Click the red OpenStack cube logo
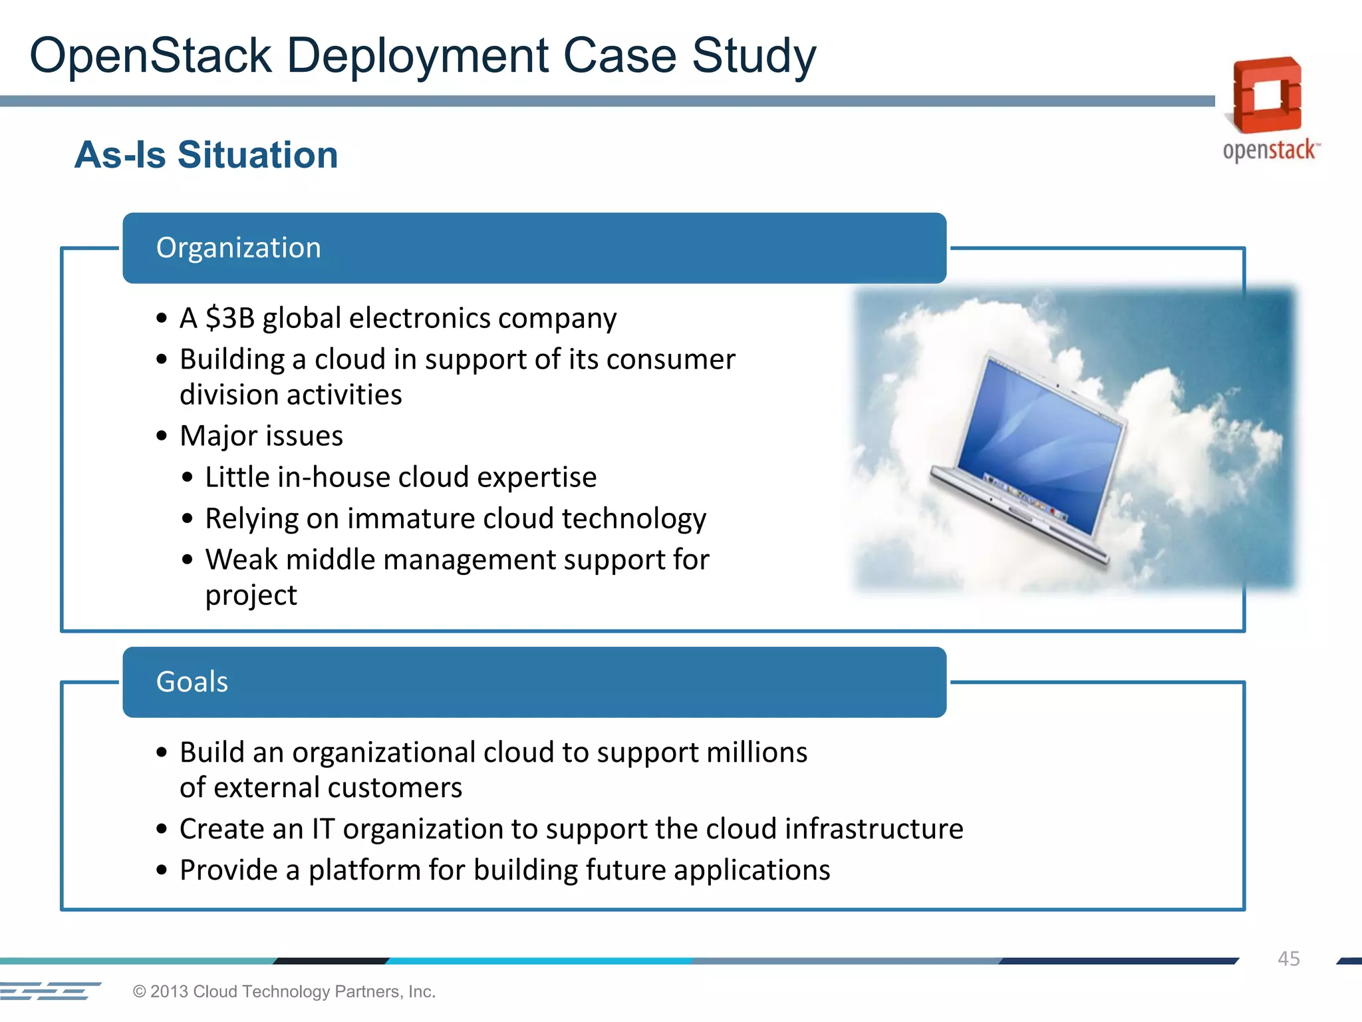pyautogui.click(x=1266, y=94)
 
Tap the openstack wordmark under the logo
pyautogui.click(x=1269, y=150)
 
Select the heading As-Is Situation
pyautogui.click(x=206, y=155)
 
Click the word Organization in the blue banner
pyautogui.click(x=238, y=248)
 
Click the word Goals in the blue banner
pyautogui.click(x=192, y=682)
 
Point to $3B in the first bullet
pyautogui.click(x=230, y=318)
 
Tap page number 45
pyautogui.click(x=1288, y=959)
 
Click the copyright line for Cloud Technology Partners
pyautogui.click(x=284, y=991)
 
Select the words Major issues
pyautogui.click(x=261, y=436)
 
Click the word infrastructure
pyautogui.click(x=874, y=829)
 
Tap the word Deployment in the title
pyautogui.click(x=418, y=56)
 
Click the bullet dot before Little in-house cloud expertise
pyautogui.click(x=188, y=478)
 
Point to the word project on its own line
pyautogui.click(x=251, y=596)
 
